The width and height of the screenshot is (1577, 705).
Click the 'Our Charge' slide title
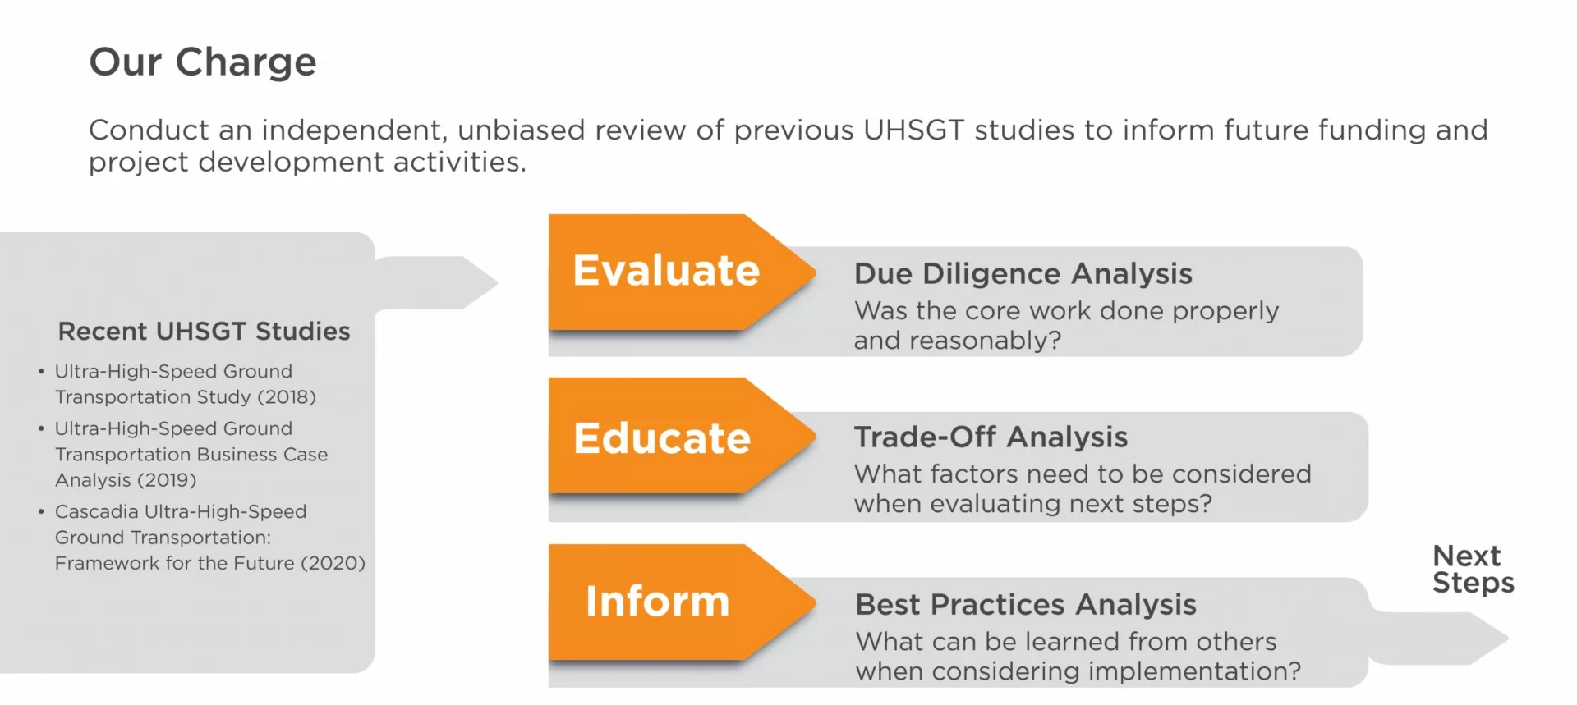coord(203,62)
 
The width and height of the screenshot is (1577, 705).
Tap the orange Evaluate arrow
coord(682,272)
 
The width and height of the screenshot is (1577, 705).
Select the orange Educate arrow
coord(682,436)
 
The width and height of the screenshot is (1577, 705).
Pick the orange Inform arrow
coord(682,602)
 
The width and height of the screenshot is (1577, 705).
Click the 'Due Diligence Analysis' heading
coord(1023,274)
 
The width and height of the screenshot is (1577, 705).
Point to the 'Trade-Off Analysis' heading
coord(991,437)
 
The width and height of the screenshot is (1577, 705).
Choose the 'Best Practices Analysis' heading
coord(1026,605)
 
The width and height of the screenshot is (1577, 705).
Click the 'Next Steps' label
coord(1474,569)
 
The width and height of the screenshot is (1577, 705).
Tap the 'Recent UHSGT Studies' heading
coord(205,332)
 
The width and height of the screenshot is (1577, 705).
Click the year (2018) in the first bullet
coord(287,397)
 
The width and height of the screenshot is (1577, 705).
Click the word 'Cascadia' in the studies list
coord(97,512)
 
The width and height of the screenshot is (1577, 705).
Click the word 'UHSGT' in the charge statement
coord(913,130)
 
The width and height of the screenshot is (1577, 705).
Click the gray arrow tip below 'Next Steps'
coord(1507,638)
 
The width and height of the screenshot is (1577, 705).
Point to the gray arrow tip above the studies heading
coord(497,283)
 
